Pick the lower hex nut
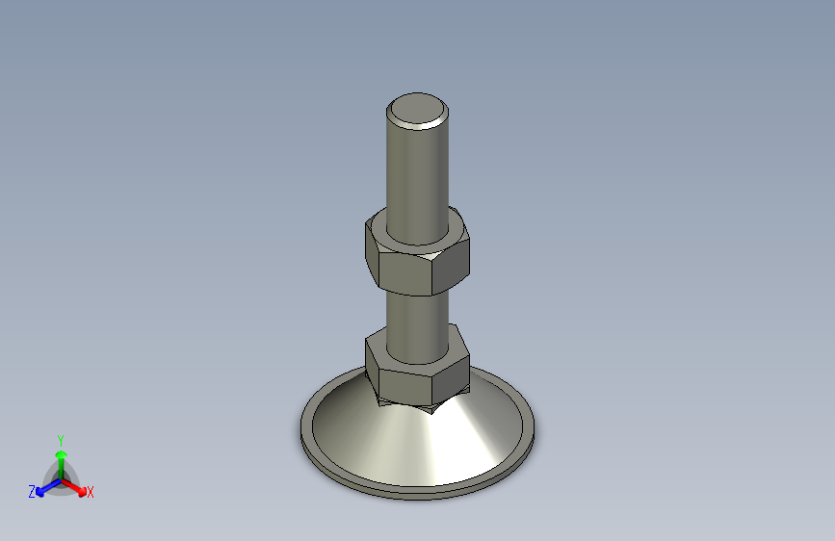click(x=417, y=368)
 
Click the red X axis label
click(x=91, y=493)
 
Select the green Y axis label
click(x=60, y=439)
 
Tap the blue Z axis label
click(x=32, y=492)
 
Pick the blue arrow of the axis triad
click(x=44, y=487)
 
